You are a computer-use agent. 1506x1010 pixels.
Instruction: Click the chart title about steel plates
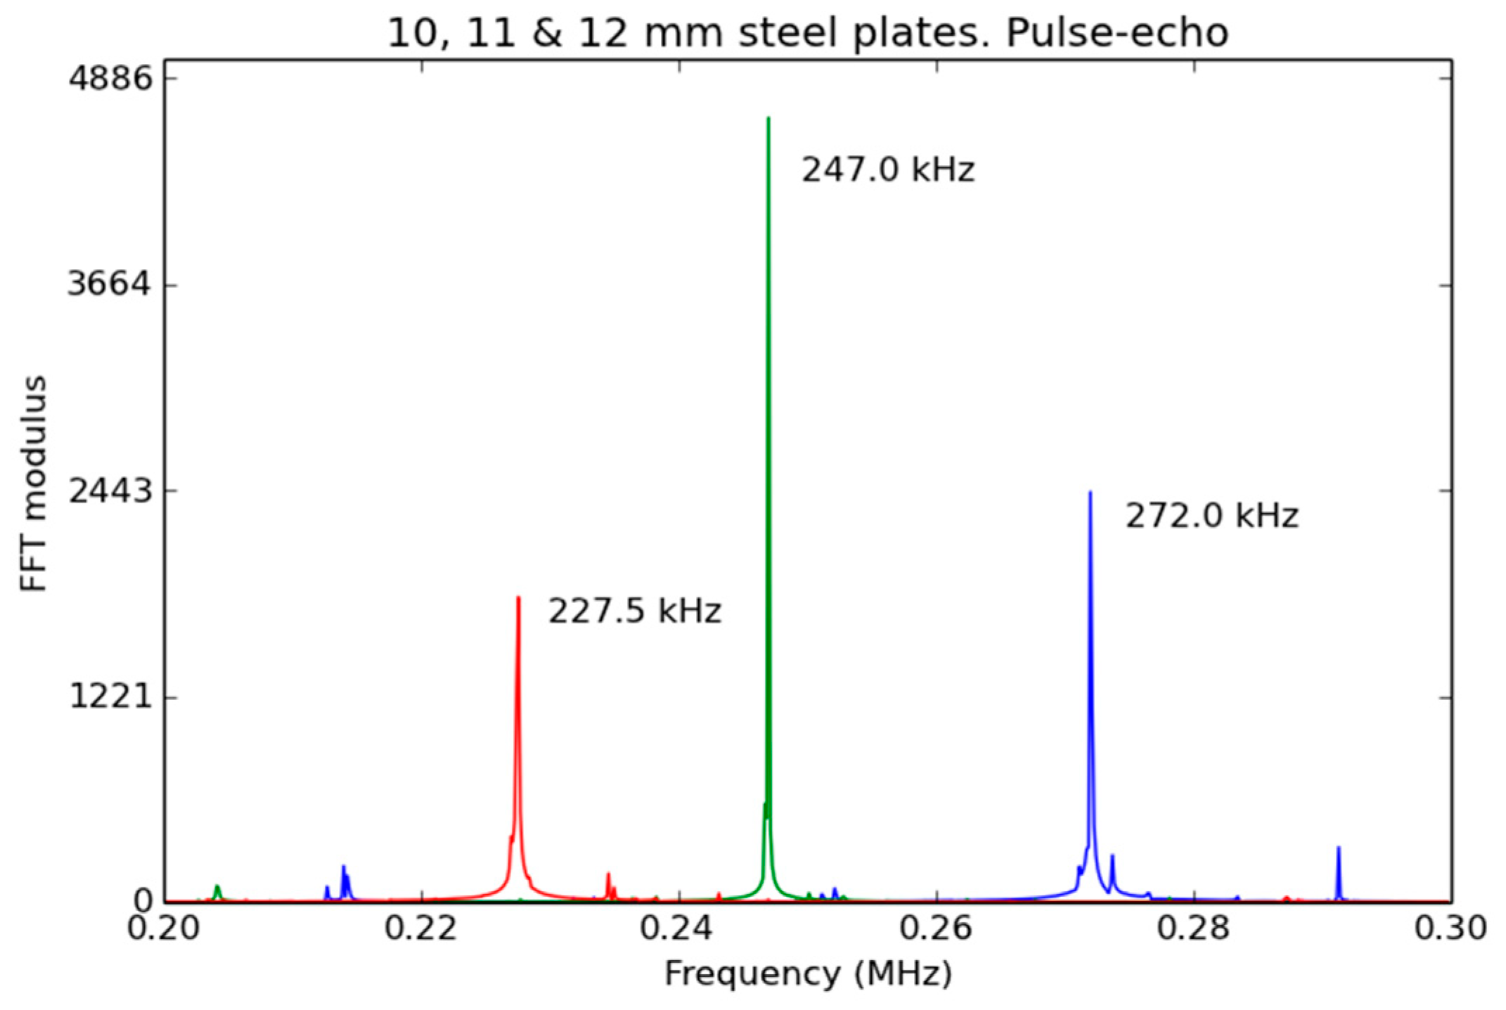(808, 32)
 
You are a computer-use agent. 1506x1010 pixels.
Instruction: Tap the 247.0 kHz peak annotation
(888, 169)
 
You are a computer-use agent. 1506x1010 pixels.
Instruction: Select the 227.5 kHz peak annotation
(634, 610)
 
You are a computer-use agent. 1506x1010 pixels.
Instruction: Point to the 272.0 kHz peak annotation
(1211, 515)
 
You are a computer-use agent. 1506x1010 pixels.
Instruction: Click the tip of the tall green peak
(768, 119)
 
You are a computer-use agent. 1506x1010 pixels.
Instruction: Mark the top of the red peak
(518, 598)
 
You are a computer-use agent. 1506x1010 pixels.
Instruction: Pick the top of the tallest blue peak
(1090, 493)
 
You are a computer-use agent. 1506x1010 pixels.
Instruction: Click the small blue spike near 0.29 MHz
(1339, 848)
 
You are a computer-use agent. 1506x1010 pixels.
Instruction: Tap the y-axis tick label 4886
(110, 79)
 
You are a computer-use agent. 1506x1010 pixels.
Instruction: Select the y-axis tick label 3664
(110, 285)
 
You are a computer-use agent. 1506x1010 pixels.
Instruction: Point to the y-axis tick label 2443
(110, 491)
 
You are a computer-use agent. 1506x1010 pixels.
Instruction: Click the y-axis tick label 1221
(110, 697)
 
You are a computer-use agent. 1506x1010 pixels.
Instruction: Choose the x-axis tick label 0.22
(420, 928)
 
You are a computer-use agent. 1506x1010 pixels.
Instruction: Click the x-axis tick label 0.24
(678, 928)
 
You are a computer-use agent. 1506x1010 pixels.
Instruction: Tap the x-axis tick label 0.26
(936, 928)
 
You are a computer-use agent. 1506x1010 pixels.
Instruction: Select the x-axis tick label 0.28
(1193, 928)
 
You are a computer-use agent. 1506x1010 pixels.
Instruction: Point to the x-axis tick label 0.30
(1450, 928)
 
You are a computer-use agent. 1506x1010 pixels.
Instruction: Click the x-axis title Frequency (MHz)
(808, 974)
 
